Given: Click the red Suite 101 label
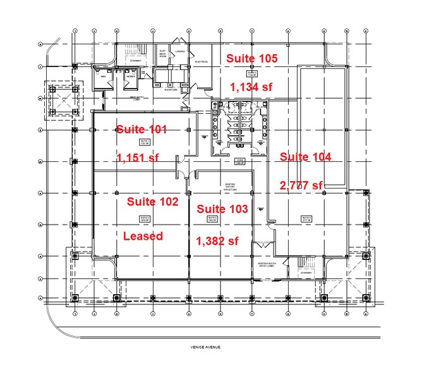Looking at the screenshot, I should [141, 130].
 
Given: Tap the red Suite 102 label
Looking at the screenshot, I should [152, 202].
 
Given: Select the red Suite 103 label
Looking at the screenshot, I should [222, 209].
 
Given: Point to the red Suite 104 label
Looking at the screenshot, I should [306, 157].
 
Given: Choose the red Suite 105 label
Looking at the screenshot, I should [252, 59].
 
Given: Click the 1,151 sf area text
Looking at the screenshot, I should [138, 158].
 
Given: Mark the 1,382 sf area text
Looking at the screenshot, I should [218, 240].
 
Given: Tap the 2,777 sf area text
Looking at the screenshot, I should [301, 185].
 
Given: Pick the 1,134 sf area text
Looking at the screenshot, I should [251, 87].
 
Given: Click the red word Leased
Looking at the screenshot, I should [143, 236].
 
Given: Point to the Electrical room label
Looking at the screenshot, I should [202, 62].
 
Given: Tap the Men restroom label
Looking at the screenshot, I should [103, 76].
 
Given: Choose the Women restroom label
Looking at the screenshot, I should [130, 76].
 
